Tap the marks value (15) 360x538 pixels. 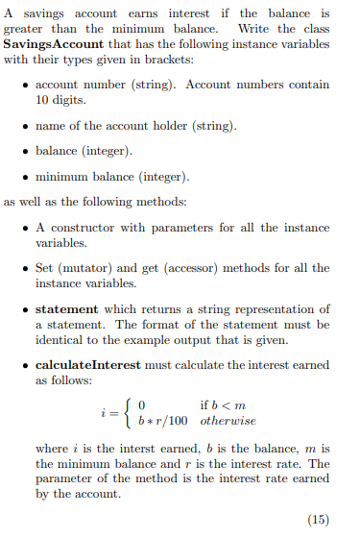[x=319, y=520]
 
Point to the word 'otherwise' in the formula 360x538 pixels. [x=228, y=421]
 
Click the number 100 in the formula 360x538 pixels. [x=180, y=421]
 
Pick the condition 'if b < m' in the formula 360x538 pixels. [x=219, y=403]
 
